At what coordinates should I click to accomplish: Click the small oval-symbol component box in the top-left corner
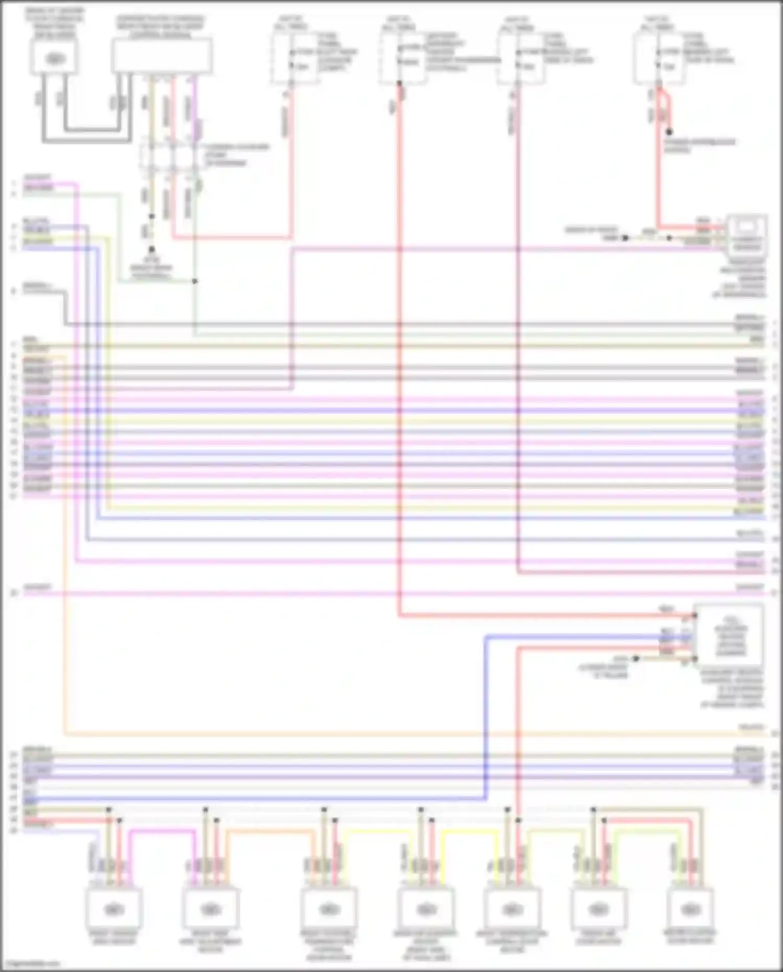coord(54,57)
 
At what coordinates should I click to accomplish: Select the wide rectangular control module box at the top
coord(162,55)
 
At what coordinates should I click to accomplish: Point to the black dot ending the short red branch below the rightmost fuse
coord(669,132)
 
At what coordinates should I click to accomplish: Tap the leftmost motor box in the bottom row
coord(114,909)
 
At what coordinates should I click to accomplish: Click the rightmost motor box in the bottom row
coord(691,909)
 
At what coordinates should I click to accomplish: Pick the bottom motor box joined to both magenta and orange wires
coord(211,909)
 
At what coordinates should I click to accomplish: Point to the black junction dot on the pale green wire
coord(195,281)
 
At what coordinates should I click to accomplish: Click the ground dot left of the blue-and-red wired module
coord(636,659)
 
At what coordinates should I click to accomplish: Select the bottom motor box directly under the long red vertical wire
coord(510,909)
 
